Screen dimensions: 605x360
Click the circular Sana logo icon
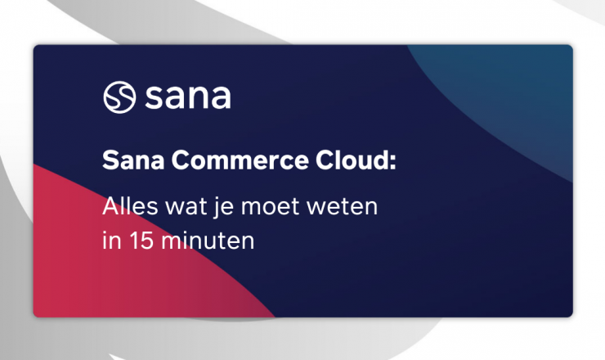(119, 97)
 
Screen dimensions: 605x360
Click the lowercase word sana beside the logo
(188, 97)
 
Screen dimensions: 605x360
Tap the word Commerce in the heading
(240, 160)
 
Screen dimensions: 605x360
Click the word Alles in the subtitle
(131, 206)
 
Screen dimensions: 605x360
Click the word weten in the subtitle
(342, 207)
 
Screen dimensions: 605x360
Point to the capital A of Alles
(110, 206)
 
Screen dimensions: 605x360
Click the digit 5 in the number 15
(147, 241)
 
